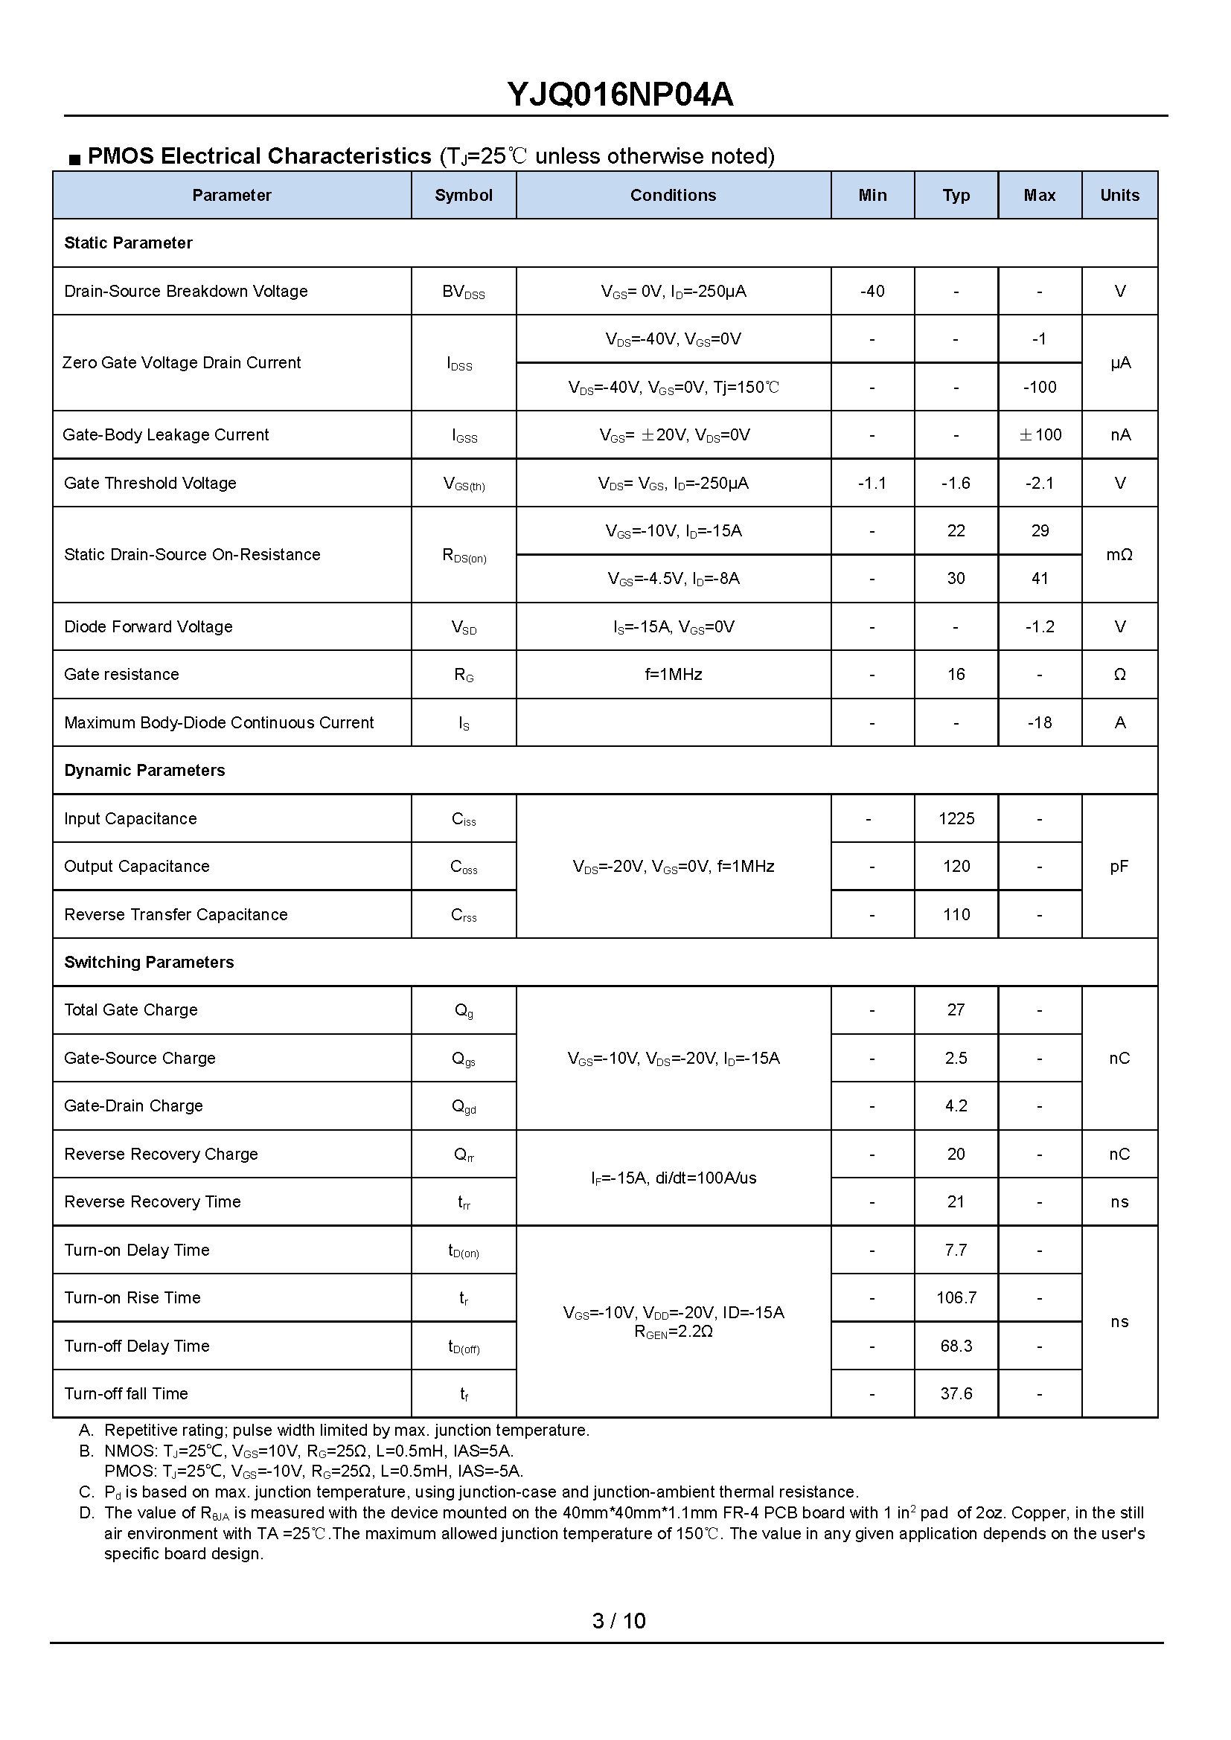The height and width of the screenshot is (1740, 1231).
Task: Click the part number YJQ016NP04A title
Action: [619, 94]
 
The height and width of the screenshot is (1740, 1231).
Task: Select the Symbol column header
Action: [463, 196]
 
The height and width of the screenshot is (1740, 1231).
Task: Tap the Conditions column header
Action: [673, 196]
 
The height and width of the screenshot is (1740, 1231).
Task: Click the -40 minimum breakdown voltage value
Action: [872, 291]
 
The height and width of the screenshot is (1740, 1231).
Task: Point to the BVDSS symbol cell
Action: [463, 292]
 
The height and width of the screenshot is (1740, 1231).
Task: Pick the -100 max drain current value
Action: [1039, 388]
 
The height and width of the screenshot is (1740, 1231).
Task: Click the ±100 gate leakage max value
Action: [1039, 435]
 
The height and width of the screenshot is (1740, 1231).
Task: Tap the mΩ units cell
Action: [1119, 555]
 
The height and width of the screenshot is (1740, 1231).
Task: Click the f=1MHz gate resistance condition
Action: [673, 675]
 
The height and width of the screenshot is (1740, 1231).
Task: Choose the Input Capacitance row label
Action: [130, 818]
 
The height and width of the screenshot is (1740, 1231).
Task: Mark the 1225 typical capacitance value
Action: [956, 818]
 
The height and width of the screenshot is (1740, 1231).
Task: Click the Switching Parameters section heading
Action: [150, 963]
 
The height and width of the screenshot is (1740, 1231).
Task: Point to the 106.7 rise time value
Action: [956, 1298]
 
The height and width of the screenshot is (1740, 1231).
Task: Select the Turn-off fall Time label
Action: [126, 1393]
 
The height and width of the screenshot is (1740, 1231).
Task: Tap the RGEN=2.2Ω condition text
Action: [673, 1332]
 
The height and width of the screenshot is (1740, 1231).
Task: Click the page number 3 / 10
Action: [618, 1621]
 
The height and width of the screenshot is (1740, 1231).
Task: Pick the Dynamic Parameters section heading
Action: [145, 771]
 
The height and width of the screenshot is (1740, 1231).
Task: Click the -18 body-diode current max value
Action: [1039, 723]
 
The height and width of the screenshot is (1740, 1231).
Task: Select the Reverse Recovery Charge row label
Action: [162, 1155]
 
